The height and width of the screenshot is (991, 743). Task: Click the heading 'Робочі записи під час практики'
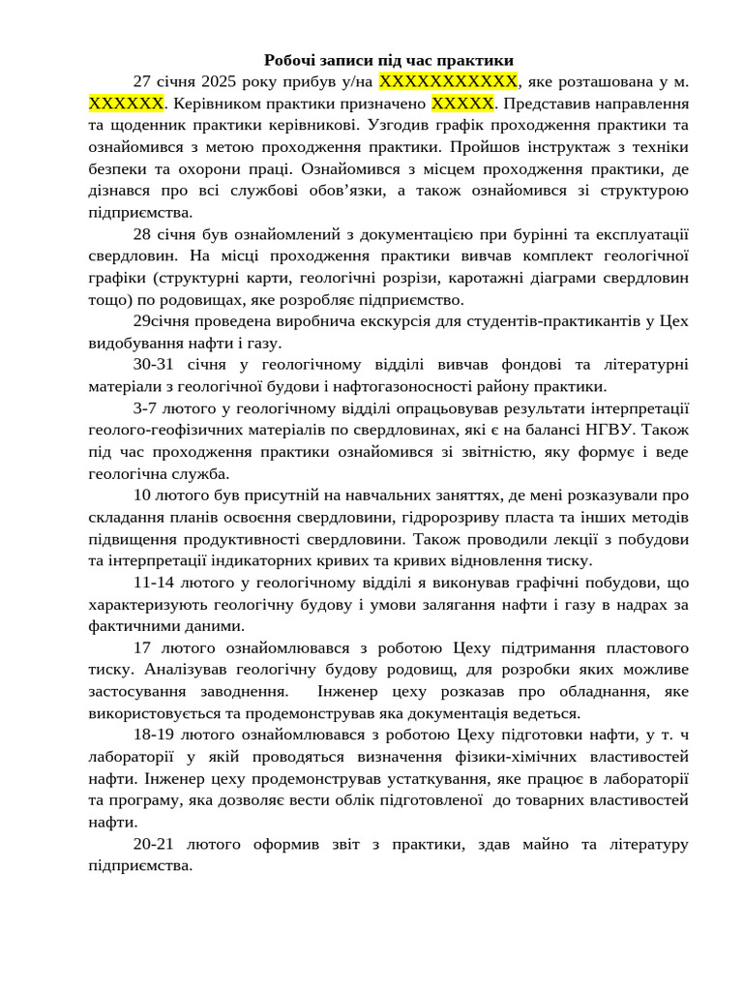(389, 60)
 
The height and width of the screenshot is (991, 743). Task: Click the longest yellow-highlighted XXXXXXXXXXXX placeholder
(449, 80)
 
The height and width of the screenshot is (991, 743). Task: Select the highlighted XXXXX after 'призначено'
(462, 103)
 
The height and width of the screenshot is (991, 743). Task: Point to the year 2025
(223, 80)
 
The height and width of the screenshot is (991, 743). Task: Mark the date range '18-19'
(155, 736)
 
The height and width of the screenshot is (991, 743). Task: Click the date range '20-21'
(155, 844)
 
